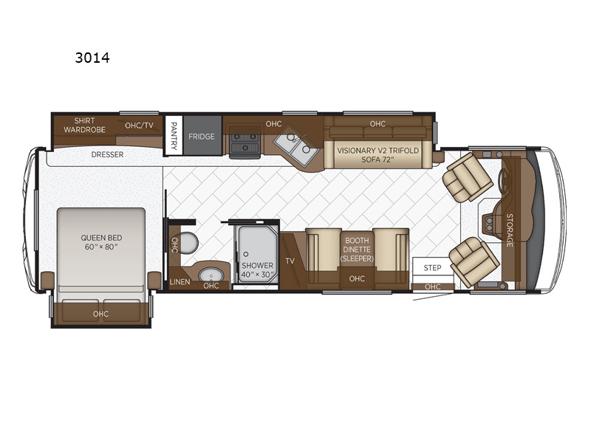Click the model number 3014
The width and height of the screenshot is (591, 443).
tap(92, 58)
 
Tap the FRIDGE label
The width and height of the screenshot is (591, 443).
tap(202, 137)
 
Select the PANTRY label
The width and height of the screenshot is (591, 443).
tap(174, 136)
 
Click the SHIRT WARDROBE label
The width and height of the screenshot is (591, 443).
tap(84, 125)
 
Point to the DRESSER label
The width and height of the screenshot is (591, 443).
tap(107, 154)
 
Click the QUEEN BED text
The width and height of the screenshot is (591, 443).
tap(101, 238)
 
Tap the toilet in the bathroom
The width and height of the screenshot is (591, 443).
tap(189, 243)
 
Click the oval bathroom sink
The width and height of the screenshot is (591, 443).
tap(211, 274)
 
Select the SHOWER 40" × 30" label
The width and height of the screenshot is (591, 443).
tap(257, 269)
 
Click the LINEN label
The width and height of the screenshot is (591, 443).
tap(180, 282)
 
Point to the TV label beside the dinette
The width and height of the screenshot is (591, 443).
tap(290, 261)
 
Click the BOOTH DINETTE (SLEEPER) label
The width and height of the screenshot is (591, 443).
tap(357, 250)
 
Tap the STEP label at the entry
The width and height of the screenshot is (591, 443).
tap(432, 268)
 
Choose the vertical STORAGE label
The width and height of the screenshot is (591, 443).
tap(510, 230)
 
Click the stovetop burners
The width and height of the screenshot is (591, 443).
tap(245, 142)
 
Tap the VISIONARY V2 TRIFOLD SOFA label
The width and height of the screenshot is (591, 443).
tap(378, 155)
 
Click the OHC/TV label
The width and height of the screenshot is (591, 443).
tap(139, 126)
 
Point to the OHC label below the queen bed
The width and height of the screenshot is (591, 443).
tap(100, 314)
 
